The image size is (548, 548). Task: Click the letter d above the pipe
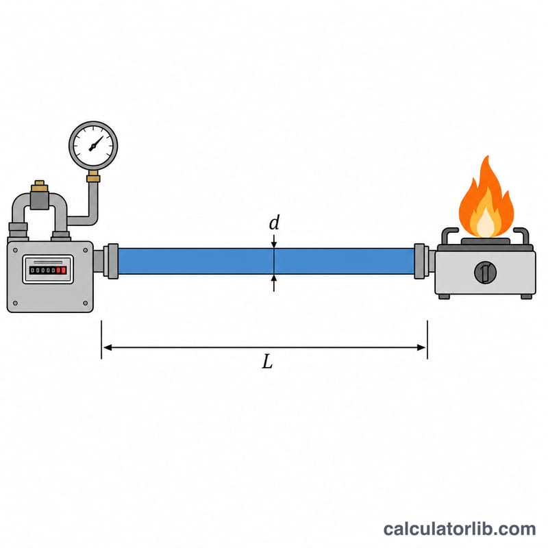[275, 222]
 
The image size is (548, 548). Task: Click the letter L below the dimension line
[267, 362]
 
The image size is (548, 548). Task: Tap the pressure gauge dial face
[93, 145]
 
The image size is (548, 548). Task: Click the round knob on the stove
[485, 272]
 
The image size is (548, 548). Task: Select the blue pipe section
[266, 261]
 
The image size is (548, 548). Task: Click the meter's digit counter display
[48, 270]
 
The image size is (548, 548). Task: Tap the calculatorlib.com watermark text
[459, 529]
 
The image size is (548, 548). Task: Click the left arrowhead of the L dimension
[108, 347]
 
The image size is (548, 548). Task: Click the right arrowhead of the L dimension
[421, 347]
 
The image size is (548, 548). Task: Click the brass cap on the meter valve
[40, 186]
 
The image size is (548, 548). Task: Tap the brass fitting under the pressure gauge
[93, 177]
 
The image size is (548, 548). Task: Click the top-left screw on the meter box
[15, 250]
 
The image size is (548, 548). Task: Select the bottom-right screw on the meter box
[85, 303]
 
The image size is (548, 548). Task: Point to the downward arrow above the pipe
[274, 241]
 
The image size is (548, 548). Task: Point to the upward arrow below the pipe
[274, 283]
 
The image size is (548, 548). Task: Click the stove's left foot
[444, 297]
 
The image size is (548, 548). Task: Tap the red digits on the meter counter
[61, 270]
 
